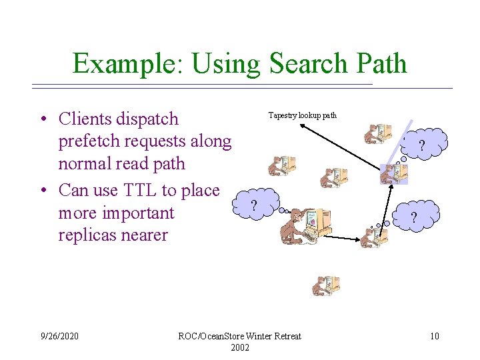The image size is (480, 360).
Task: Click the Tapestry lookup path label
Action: pyautogui.click(x=302, y=115)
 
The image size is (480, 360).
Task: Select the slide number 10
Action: pyautogui.click(x=435, y=336)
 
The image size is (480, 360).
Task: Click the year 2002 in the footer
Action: pyautogui.click(x=240, y=347)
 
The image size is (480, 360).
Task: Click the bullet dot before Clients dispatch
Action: pyautogui.click(x=42, y=120)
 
